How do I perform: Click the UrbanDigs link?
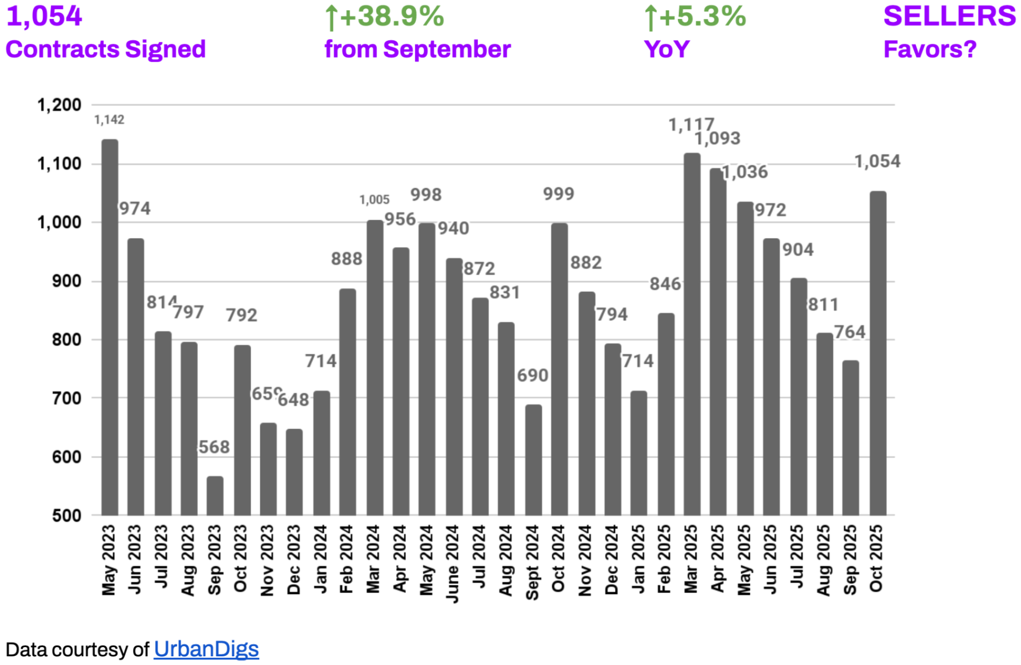tap(206, 649)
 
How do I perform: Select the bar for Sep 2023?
tap(215, 495)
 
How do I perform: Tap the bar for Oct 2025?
tap(878, 352)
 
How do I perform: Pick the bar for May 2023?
tap(110, 327)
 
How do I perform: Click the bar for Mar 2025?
tap(692, 334)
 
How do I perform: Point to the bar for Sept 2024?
tap(533, 460)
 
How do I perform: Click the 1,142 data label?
tap(109, 120)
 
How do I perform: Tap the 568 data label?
tap(214, 447)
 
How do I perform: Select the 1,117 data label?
tap(691, 125)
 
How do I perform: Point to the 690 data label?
tap(532, 375)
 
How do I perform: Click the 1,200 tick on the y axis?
tap(59, 105)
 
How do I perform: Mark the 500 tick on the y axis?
tap(66, 516)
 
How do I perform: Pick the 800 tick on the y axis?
tap(66, 340)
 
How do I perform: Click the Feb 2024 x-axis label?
tap(347, 559)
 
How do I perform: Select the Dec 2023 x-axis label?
tap(294, 560)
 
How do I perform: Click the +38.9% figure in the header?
tap(392, 16)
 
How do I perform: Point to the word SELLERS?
tap(950, 16)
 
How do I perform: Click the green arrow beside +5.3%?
tap(650, 18)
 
